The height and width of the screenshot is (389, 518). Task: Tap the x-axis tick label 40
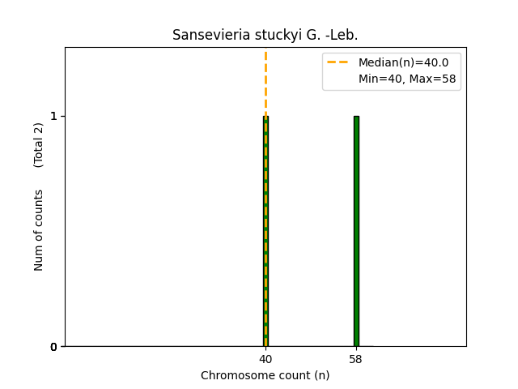click(265, 358)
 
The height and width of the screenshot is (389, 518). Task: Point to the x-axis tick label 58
click(356, 358)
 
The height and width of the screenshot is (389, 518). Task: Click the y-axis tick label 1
click(53, 116)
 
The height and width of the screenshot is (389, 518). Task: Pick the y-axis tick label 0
click(53, 347)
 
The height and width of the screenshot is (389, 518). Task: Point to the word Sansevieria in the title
click(203, 35)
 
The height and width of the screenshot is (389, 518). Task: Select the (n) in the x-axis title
click(322, 375)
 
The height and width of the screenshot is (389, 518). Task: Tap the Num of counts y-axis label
click(39, 230)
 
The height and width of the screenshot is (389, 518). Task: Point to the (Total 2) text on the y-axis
click(39, 145)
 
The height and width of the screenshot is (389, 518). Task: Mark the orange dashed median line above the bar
click(265, 81)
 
